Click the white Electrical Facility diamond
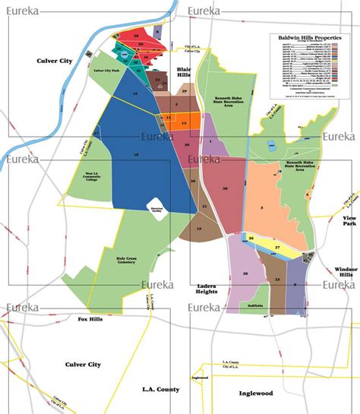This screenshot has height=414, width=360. point(154,206)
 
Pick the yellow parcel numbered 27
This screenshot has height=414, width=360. point(277,248)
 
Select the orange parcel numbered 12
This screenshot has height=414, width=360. point(184,122)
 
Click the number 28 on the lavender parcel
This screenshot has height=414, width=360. point(245,273)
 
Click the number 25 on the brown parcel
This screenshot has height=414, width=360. point(276,280)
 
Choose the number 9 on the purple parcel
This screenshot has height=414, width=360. point(295,283)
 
